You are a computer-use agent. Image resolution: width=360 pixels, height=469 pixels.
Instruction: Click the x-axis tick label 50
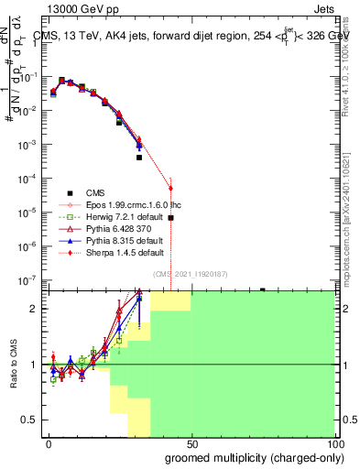click(x=191, y=444)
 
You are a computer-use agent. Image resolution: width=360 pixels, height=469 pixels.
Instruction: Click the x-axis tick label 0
click(x=48, y=444)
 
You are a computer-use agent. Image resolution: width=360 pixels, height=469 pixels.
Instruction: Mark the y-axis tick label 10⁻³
click(x=30, y=145)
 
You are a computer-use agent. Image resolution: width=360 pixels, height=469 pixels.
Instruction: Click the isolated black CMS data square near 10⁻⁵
click(x=170, y=218)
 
